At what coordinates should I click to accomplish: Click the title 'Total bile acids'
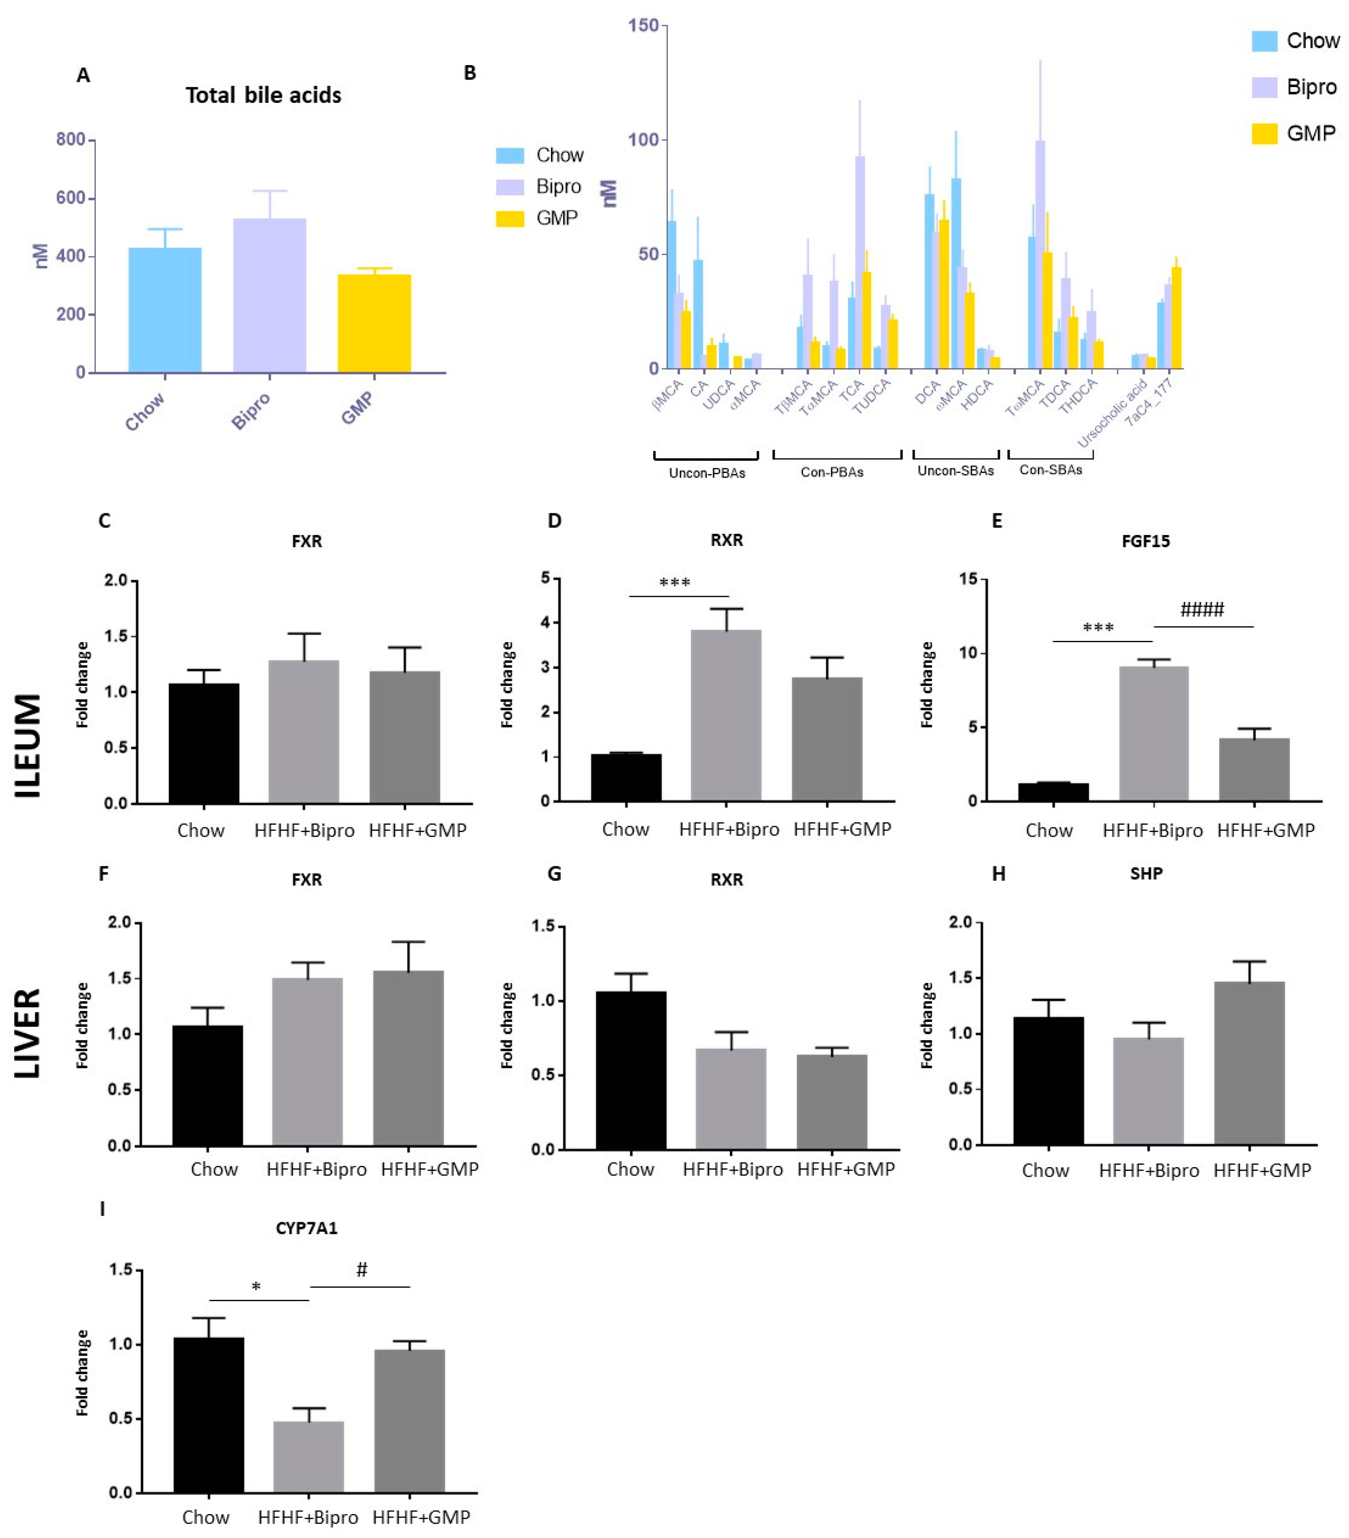263,96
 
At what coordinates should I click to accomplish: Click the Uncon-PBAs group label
706,473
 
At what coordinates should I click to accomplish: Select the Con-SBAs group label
1050,470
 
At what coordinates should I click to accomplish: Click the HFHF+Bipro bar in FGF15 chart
1153,734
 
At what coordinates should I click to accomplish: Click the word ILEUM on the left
29,745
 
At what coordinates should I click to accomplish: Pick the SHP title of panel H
1146,874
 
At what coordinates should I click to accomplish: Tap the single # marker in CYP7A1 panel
361,1270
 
